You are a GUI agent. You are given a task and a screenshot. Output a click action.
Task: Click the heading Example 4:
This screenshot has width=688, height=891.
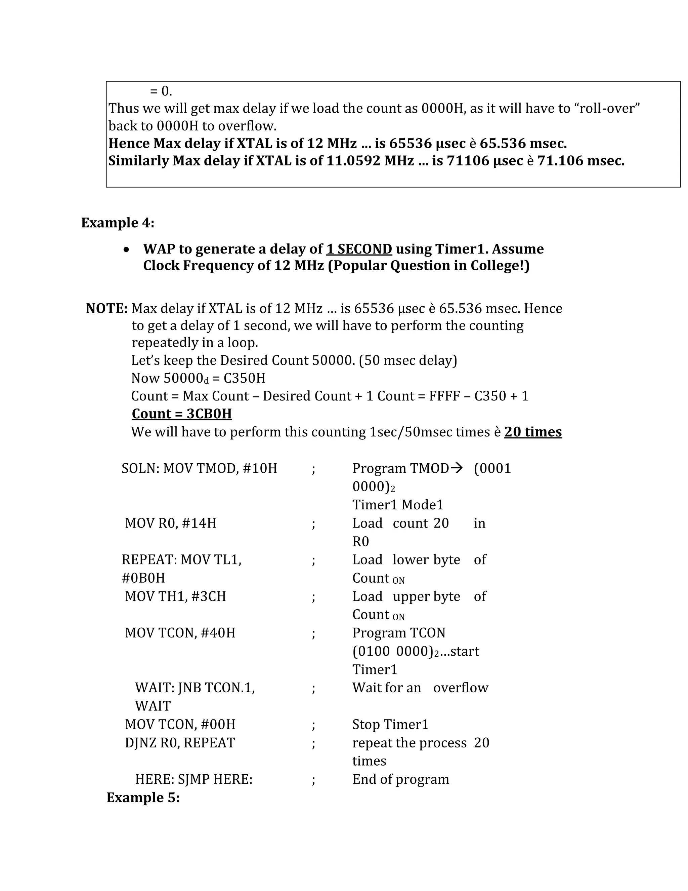click(117, 223)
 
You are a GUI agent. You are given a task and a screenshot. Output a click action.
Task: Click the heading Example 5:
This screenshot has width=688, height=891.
click(143, 797)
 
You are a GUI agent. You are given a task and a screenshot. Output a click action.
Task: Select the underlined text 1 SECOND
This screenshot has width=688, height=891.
click(359, 249)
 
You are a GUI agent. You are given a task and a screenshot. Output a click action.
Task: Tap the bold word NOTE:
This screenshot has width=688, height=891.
click(107, 308)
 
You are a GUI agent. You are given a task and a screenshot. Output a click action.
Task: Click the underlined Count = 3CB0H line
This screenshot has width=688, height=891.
click(182, 414)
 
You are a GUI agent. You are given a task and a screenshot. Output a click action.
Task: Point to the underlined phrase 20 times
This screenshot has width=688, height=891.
click(533, 432)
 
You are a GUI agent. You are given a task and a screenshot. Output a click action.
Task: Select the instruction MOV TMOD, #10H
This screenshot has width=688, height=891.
click(220, 468)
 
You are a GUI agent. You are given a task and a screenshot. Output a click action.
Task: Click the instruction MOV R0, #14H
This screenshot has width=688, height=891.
click(170, 523)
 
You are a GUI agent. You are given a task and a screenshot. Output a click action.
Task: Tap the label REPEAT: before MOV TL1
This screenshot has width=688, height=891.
click(149, 560)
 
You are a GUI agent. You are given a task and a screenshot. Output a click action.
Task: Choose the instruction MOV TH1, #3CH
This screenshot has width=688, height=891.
click(175, 596)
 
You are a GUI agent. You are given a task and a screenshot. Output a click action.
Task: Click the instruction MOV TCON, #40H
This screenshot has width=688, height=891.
click(180, 633)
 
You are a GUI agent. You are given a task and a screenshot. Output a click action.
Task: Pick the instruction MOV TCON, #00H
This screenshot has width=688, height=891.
click(180, 724)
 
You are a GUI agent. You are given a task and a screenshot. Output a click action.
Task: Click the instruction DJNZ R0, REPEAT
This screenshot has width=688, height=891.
click(180, 742)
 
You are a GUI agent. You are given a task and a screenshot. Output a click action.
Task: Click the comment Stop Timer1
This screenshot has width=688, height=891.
click(390, 724)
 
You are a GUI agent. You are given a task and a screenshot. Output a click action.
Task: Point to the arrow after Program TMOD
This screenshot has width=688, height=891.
click(458, 468)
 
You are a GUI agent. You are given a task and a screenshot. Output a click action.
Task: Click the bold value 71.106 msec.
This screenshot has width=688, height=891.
click(580, 161)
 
